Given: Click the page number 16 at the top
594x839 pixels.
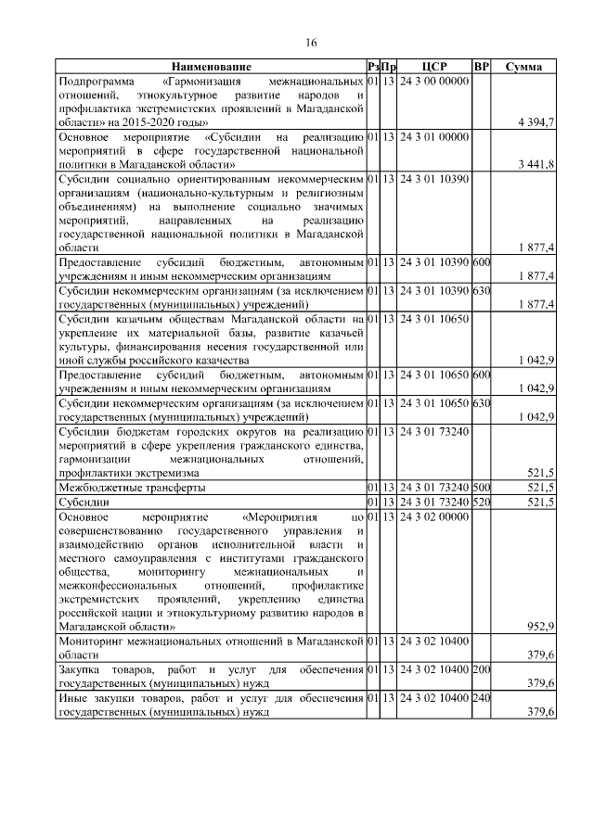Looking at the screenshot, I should pyautogui.click(x=311, y=43).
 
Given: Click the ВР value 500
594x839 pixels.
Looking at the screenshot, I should pyautogui.click(x=481, y=487).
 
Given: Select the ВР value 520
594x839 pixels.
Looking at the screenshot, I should pyautogui.click(x=481, y=502).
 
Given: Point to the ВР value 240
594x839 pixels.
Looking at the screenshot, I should pyautogui.click(x=481, y=696).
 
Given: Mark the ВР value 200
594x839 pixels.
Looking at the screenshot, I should pyautogui.click(x=481, y=668).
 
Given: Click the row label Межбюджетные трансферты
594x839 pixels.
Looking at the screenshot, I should pyautogui.click(x=132, y=487).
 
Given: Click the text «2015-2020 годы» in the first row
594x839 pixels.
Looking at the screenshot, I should pyautogui.click(x=167, y=122).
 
